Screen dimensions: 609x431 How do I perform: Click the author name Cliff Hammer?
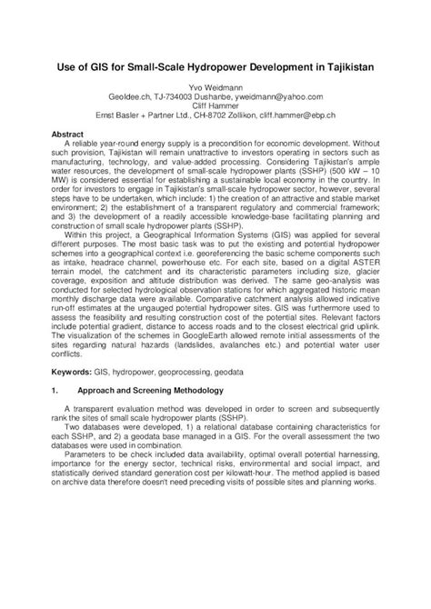tap(215, 106)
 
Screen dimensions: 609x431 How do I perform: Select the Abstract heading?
tap(65, 134)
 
